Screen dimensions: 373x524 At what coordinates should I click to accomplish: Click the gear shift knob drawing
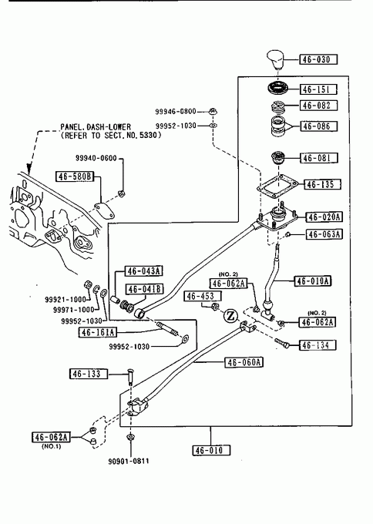[x=274, y=59]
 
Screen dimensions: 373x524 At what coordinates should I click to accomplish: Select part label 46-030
[x=318, y=59]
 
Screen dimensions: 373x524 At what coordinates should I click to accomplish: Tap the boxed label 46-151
[x=318, y=89]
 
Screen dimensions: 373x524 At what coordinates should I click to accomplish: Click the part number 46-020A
[x=324, y=217]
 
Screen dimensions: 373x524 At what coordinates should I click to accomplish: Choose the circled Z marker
[x=230, y=315]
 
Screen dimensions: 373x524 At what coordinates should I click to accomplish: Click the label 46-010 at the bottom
[x=212, y=450]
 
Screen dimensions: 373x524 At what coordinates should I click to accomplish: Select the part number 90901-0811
[x=129, y=461]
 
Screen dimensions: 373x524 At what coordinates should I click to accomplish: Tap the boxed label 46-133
[x=89, y=374]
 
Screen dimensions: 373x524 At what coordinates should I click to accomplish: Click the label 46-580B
[x=75, y=176]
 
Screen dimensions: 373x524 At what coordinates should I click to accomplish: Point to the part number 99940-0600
[x=96, y=158]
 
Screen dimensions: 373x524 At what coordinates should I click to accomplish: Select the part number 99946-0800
[x=176, y=111]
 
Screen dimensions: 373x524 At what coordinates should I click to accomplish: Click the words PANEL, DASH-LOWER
[x=96, y=127]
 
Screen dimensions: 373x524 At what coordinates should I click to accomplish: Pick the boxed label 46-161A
[x=98, y=332]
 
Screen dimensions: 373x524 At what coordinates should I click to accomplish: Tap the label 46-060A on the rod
[x=244, y=362]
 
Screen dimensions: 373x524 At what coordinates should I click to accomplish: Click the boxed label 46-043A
[x=143, y=270]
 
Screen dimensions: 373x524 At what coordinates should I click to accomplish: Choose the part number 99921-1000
[x=66, y=300]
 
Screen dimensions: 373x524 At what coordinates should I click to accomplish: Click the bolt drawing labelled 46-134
[x=281, y=343]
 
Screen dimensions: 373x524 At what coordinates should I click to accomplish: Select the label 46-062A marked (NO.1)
[x=51, y=437]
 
